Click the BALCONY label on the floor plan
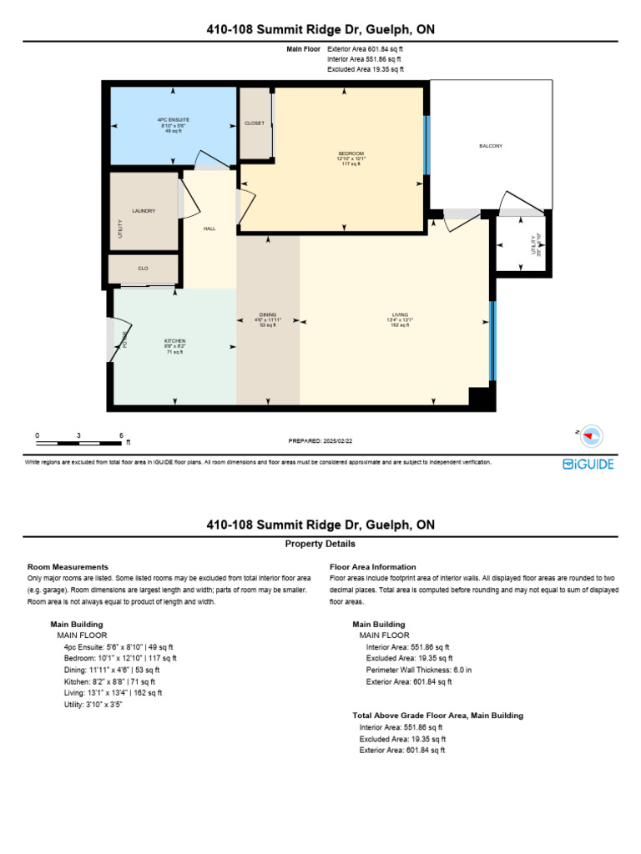[491, 146]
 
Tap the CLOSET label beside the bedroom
[255, 123]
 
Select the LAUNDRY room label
[144, 211]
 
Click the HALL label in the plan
[209, 228]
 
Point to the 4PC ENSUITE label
[174, 120]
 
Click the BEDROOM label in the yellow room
[351, 153]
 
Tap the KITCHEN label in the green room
[174, 341]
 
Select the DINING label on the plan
[268, 314]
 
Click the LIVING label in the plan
[400, 314]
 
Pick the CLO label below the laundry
[144, 269]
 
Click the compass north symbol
[592, 435]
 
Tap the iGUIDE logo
[588, 464]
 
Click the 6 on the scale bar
[121, 435]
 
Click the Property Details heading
[320, 544]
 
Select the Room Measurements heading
[68, 567]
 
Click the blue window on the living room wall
[492, 340]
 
